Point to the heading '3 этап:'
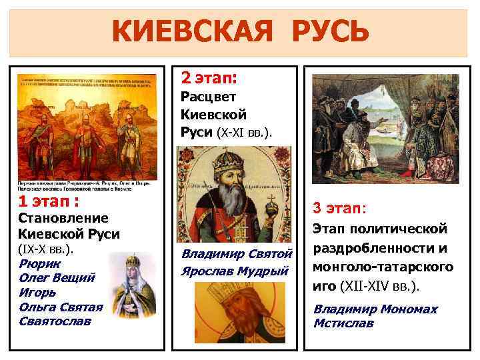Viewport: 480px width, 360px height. pos(339,209)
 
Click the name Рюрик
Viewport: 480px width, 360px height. pos(38,264)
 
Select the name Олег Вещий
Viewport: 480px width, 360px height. pos(57,278)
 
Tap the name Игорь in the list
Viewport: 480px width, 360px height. pos(37,292)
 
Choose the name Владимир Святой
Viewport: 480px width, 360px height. pos(237,254)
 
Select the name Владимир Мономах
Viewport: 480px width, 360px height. pos(375,309)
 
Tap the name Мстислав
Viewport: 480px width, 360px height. pos(343,323)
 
